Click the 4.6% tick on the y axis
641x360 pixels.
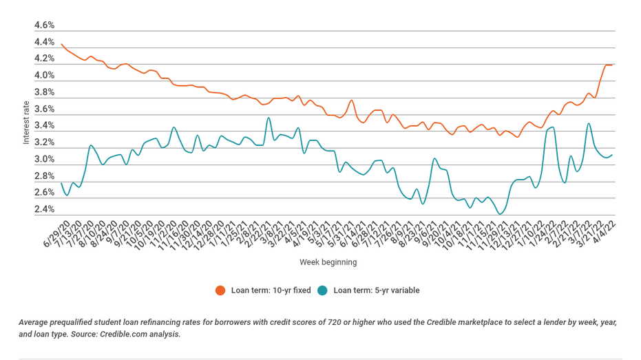(x=44, y=25)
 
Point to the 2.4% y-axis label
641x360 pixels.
(x=44, y=209)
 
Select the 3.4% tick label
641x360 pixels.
(x=44, y=125)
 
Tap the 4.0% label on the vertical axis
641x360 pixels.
(x=44, y=75)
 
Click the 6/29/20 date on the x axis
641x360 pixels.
(x=57, y=234)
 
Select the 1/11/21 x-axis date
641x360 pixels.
(x=222, y=234)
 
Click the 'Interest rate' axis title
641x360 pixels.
(x=26, y=123)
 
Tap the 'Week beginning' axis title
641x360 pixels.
(x=328, y=262)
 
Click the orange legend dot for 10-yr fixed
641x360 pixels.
(x=220, y=290)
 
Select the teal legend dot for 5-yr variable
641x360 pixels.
(x=322, y=290)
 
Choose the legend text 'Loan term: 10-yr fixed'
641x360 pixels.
(x=271, y=290)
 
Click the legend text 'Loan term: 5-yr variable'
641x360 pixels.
(x=377, y=290)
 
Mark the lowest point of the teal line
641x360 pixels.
(x=500, y=213)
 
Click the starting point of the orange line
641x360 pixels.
(x=61, y=44)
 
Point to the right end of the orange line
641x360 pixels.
(x=612, y=65)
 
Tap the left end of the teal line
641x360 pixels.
(x=61, y=183)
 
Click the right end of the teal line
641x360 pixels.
(x=612, y=155)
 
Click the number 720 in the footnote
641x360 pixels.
(x=334, y=322)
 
